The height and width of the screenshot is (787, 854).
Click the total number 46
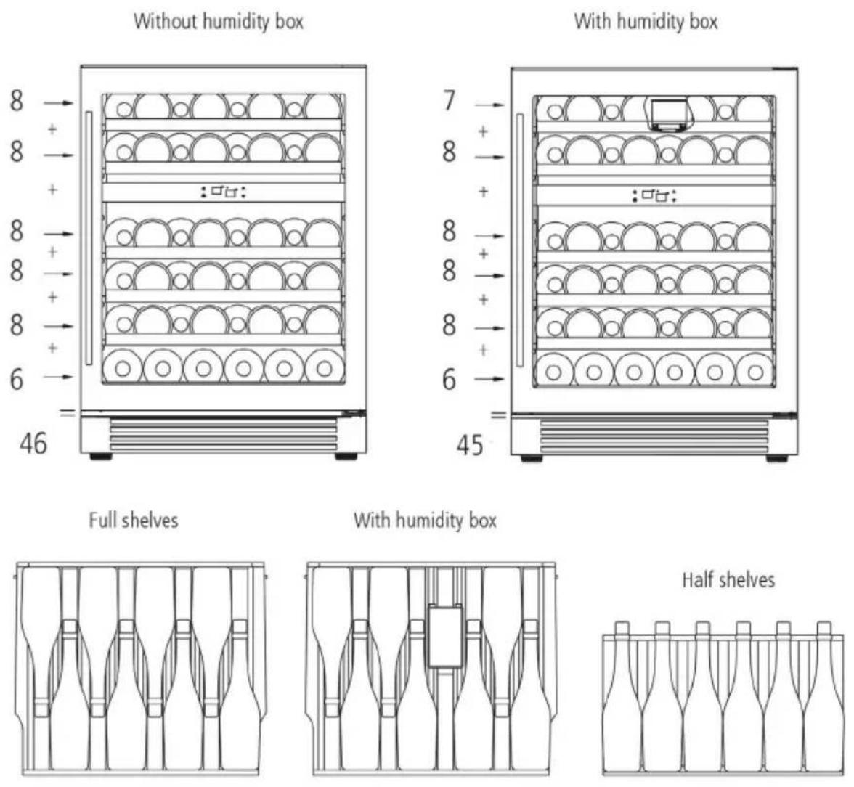33,444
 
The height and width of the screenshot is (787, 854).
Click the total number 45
469,446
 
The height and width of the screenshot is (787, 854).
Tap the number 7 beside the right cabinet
449,101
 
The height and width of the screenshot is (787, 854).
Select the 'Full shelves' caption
134,520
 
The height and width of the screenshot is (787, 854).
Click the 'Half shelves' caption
728,579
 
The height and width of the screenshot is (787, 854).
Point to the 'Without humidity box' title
219,22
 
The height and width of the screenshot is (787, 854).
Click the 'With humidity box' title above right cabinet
646,22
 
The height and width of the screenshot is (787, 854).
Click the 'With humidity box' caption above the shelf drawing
426,520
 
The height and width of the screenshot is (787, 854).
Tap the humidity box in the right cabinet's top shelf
669,115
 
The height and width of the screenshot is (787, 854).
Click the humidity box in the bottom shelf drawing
446,635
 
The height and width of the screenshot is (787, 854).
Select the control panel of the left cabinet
223,192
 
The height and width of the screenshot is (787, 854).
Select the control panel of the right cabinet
654,195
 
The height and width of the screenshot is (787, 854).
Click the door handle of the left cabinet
89,238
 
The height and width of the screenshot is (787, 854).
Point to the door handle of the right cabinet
520,240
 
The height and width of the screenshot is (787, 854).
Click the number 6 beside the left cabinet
17,378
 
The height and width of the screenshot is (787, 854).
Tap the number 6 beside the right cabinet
449,380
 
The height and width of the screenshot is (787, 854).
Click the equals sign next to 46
68,414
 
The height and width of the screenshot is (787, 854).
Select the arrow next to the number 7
489,105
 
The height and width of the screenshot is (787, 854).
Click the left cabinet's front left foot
101,457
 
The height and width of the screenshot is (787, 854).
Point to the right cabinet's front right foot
777,459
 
